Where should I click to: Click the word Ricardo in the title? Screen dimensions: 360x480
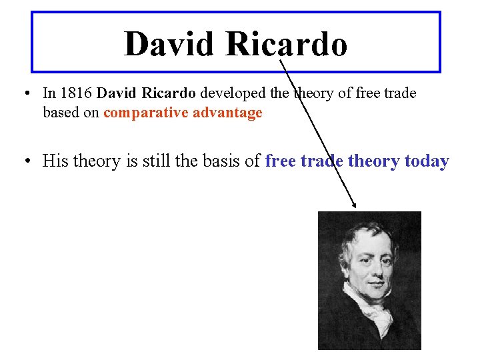(286, 45)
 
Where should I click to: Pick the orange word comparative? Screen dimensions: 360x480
(145, 113)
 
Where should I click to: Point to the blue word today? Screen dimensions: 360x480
(427, 161)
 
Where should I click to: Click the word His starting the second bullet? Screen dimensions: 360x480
(54, 161)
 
